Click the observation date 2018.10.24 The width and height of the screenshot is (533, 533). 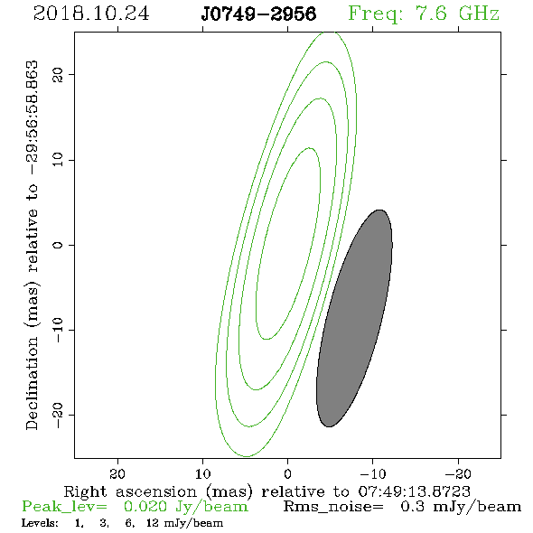pos(91,14)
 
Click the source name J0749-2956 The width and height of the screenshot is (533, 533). pos(258,14)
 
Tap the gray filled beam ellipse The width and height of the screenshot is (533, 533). pos(354,318)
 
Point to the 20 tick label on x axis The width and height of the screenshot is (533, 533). pos(117,473)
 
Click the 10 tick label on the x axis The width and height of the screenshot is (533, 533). pos(202,473)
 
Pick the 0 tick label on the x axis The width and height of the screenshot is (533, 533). pos(287,473)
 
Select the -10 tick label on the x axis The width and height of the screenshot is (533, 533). pos(373,473)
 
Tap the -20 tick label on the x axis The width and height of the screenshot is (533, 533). pos(458,473)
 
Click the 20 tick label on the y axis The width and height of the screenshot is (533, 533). pos(58,74)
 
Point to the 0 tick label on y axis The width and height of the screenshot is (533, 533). pos(58,245)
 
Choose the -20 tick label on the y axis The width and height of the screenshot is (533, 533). pos(58,415)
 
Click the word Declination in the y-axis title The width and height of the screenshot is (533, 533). pos(32,383)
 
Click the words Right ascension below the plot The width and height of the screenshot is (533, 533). pos(130,491)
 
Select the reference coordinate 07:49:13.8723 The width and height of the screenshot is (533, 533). pos(414,491)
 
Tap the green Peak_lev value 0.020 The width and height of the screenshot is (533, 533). pos(145,507)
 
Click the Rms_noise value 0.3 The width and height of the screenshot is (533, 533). pos(412,507)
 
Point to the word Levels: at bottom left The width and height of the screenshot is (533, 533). pos(40,523)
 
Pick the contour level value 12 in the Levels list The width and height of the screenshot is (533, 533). pos(153,523)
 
